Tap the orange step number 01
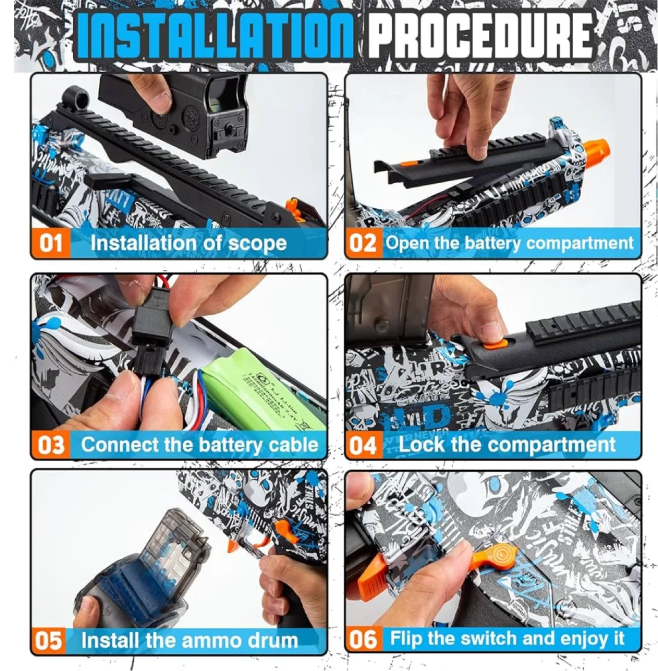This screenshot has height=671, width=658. pyautogui.click(x=50, y=244)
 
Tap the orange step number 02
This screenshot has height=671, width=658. pyautogui.click(x=363, y=244)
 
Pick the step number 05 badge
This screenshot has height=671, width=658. pyautogui.click(x=49, y=640)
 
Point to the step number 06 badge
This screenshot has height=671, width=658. pyautogui.click(x=363, y=639)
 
